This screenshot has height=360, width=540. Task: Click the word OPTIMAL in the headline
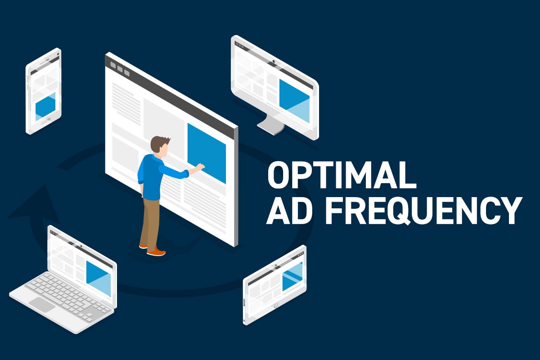tap(342, 175)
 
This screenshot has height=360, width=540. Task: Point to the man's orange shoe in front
tap(157, 252)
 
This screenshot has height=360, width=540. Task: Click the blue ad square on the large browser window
tap(207, 153)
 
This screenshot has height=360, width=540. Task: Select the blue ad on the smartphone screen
tap(45, 106)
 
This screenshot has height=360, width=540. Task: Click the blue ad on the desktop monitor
tap(294, 101)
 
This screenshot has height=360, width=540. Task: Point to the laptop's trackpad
tap(42, 304)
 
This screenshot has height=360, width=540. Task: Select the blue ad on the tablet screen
tap(292, 277)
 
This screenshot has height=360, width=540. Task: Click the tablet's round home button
tap(276, 306)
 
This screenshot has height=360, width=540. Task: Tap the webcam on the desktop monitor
tap(274, 62)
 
